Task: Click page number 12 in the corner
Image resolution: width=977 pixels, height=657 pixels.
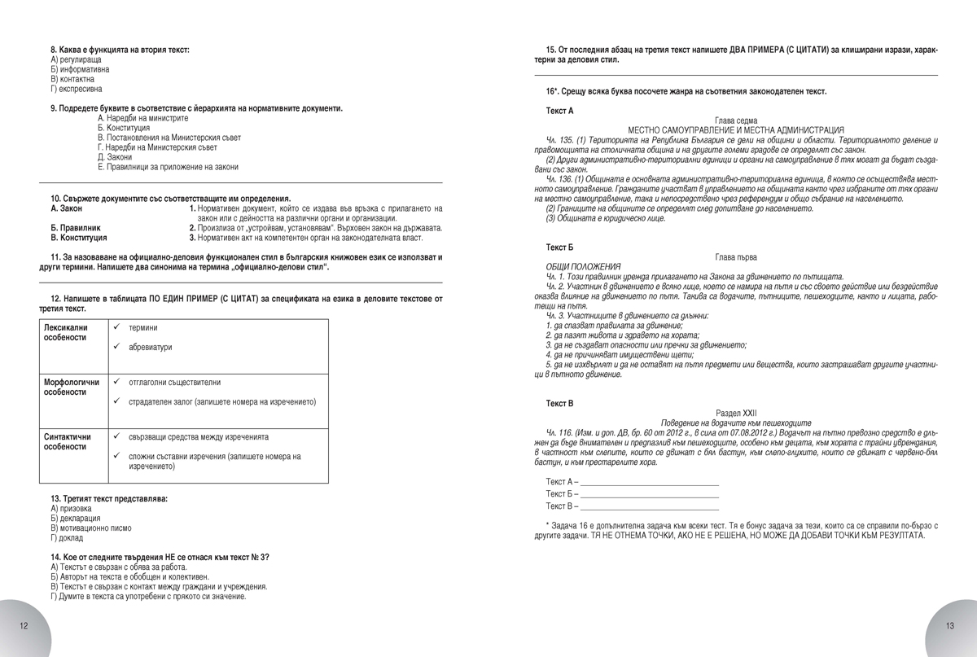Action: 24,625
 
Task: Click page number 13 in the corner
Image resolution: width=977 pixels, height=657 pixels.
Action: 949,625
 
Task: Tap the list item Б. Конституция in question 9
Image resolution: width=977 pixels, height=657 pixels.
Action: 123,128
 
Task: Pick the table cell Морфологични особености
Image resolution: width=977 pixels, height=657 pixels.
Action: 71,387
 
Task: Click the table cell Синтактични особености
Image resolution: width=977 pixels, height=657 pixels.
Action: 67,441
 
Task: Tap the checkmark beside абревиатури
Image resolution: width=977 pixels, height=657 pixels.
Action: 117,346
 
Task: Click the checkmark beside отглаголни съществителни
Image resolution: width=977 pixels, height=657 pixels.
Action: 117,381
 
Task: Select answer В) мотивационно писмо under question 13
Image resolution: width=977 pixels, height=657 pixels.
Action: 90,528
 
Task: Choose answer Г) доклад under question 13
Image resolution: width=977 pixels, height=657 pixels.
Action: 65,538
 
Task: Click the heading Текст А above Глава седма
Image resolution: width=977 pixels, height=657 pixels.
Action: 559,110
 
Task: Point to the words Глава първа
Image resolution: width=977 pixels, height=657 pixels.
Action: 735,256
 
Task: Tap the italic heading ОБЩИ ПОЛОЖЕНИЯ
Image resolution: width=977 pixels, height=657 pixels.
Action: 583,266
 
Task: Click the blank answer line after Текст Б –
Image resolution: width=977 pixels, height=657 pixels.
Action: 650,495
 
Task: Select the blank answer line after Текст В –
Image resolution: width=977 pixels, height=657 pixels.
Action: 650,506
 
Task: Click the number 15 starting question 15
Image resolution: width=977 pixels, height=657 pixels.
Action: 551,50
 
